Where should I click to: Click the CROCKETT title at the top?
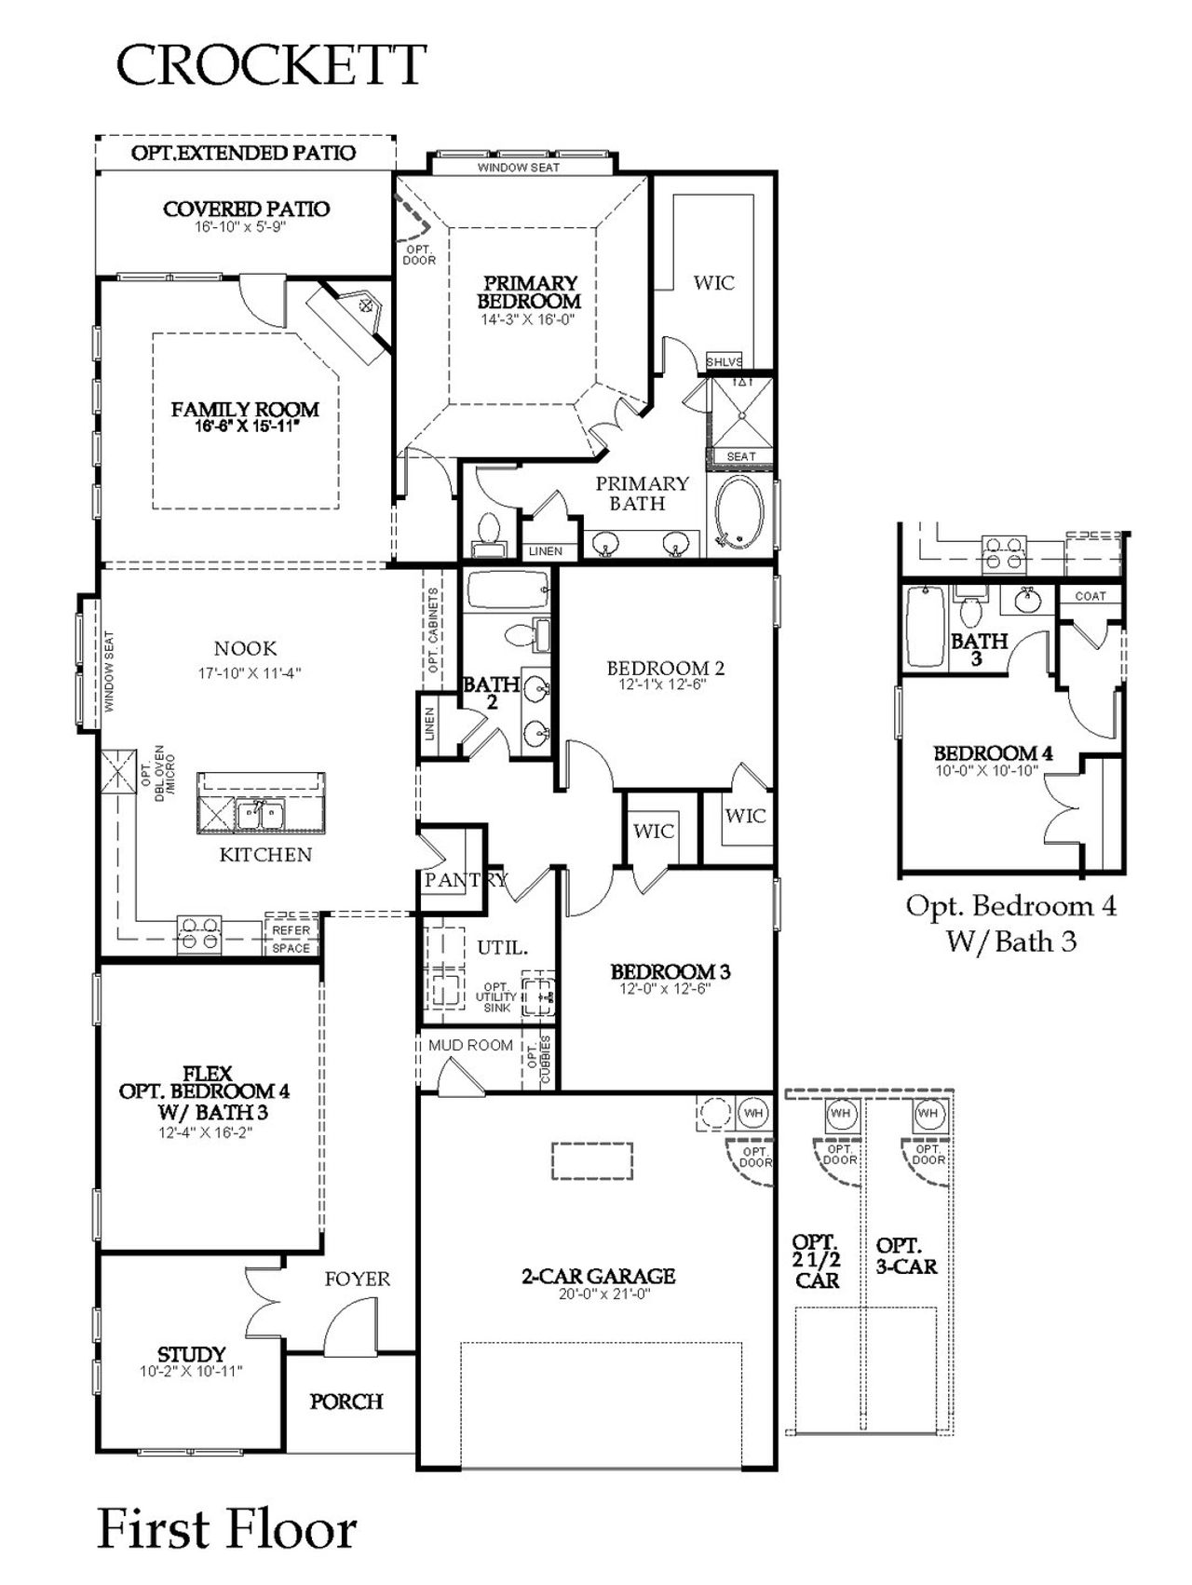point(270,65)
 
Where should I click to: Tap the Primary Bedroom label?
point(529,291)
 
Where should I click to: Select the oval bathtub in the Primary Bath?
point(740,513)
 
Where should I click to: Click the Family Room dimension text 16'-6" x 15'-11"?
point(244,427)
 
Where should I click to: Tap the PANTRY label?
point(465,879)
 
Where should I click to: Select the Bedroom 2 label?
point(665,668)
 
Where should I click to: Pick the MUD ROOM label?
point(470,1045)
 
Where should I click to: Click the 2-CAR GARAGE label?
point(598,1276)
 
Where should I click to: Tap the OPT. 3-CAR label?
point(906,1255)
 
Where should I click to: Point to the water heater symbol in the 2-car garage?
point(753,1113)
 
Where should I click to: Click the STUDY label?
point(191,1354)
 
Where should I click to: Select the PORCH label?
point(346,1401)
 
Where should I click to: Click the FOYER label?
point(358,1279)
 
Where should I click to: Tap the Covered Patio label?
point(246,209)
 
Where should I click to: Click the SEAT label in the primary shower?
point(741,456)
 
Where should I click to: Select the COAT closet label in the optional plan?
point(1090,596)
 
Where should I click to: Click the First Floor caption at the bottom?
point(227,1529)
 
